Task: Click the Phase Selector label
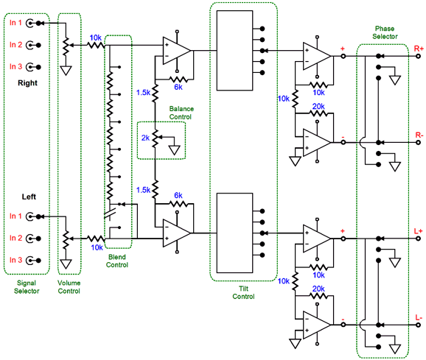tap(385, 32)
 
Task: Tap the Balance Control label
tap(181, 113)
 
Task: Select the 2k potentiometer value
tap(145, 138)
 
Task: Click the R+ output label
tap(419, 49)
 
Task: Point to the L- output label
tap(419, 317)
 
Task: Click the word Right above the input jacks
tap(27, 82)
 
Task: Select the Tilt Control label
tap(243, 292)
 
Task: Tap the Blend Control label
tap(117, 261)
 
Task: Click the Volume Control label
tap(69, 287)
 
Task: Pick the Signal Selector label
tap(27, 287)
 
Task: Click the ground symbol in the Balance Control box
tap(174, 150)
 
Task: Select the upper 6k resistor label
tap(178, 87)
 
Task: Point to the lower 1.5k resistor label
tap(143, 190)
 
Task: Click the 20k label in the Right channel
tap(318, 106)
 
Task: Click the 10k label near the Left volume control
tap(97, 247)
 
